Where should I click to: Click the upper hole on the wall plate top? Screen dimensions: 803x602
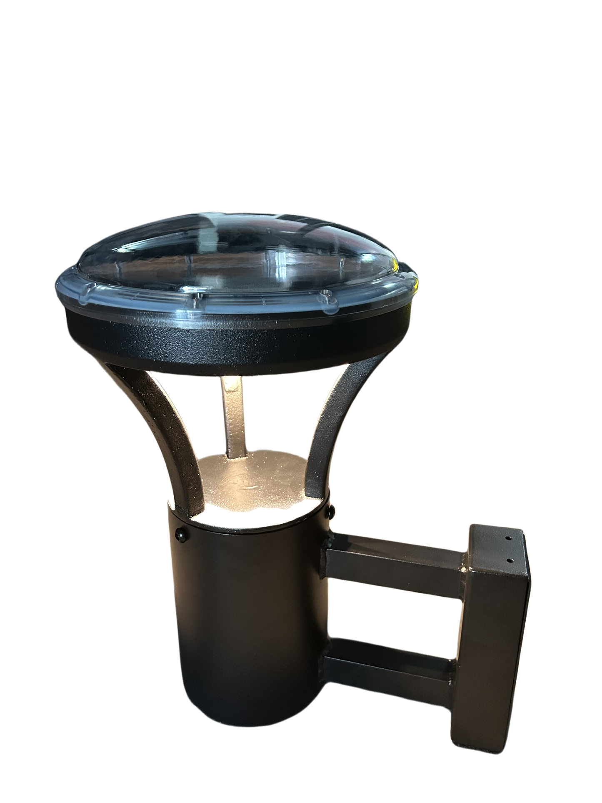(508, 538)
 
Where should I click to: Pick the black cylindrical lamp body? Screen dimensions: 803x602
(246, 625)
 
